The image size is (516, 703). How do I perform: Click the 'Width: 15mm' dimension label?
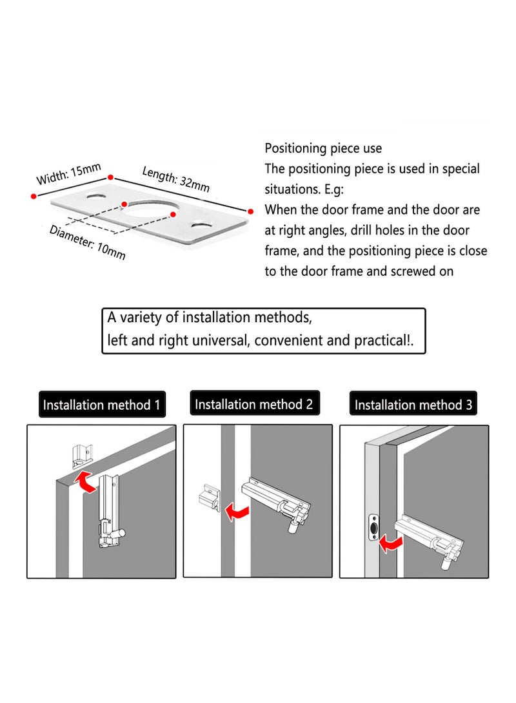click(x=69, y=174)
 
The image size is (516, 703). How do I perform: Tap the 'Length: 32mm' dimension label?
click(x=175, y=178)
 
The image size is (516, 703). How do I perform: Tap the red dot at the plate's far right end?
click(x=250, y=210)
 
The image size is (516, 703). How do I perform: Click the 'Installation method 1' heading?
click(x=101, y=405)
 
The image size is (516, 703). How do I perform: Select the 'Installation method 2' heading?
click(x=253, y=404)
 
